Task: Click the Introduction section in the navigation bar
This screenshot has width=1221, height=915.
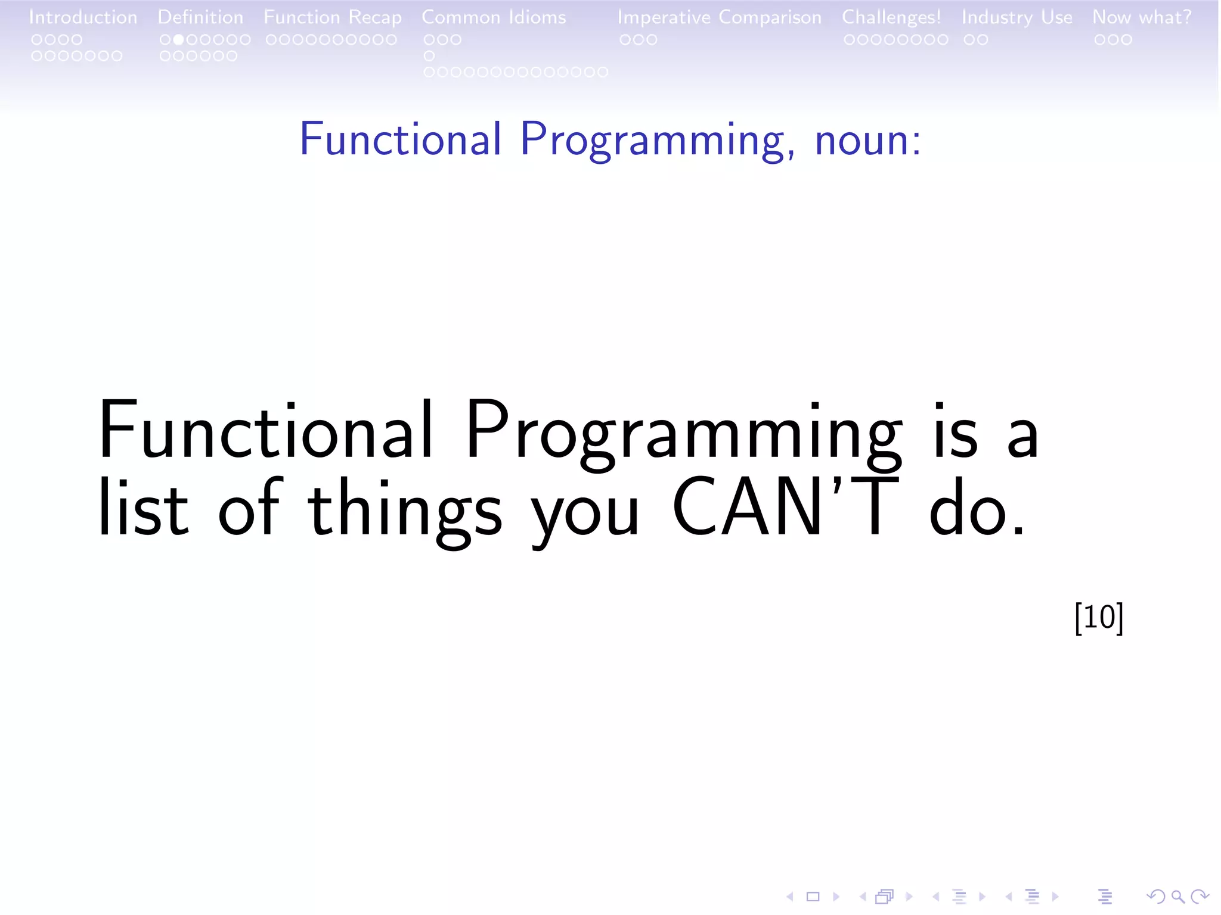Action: point(83,17)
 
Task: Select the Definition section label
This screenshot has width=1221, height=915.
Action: point(200,17)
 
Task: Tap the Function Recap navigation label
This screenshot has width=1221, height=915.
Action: point(332,18)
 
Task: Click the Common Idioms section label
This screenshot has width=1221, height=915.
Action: point(494,17)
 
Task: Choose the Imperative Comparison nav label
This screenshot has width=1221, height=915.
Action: point(719,18)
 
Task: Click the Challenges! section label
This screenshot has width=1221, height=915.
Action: point(891,18)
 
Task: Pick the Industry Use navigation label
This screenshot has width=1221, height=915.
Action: point(1017,18)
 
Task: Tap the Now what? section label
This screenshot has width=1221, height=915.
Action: point(1141,17)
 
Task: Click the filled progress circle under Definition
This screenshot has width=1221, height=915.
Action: point(178,40)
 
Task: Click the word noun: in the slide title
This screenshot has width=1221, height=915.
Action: point(867,141)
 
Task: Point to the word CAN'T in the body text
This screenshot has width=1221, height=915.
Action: point(785,508)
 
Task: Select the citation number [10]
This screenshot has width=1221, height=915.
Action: point(1098,618)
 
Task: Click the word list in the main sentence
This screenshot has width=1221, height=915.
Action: point(143,508)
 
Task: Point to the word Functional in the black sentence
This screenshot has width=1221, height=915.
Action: point(265,430)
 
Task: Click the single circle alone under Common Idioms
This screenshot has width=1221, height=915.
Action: point(429,56)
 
